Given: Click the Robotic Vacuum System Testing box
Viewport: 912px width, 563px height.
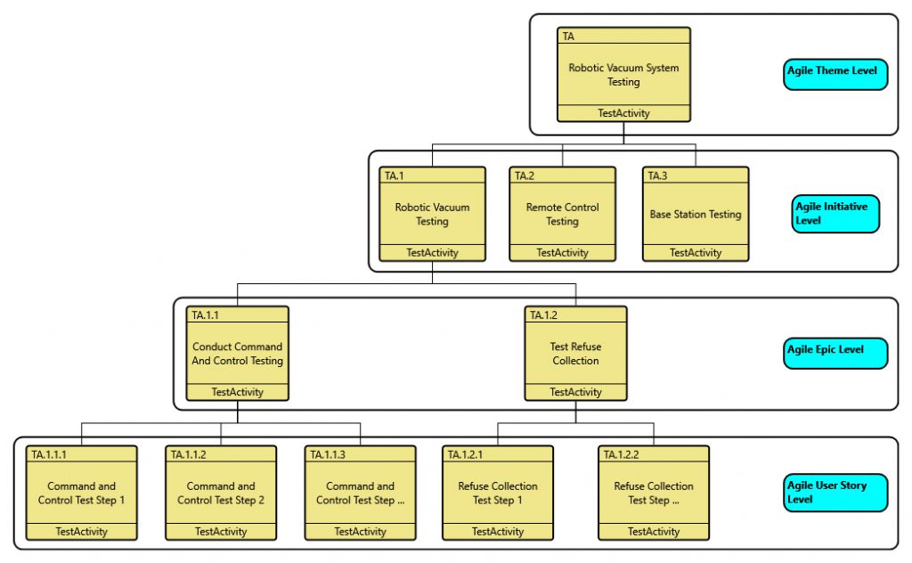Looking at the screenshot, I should (623, 75).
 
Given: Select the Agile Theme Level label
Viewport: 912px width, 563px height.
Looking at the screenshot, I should (835, 71).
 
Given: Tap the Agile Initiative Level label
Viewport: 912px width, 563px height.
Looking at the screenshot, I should (835, 214).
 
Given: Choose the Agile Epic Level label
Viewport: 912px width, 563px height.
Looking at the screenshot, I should (835, 350).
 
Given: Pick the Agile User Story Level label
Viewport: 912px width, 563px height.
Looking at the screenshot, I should (835, 493).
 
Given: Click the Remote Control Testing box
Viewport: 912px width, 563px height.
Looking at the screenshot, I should (562, 214).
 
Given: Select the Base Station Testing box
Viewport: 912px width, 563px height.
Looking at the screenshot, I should (695, 214).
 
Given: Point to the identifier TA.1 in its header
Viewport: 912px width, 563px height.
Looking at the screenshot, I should (395, 175).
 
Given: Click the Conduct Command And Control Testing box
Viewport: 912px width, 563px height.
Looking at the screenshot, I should (237, 354).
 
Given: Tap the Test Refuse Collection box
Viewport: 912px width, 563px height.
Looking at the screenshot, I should (575, 354).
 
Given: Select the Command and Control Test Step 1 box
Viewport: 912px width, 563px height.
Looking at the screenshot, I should (82, 493).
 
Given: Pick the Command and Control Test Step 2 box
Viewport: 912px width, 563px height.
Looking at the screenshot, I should (221, 493).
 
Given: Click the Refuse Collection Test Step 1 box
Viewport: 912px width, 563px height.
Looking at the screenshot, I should (498, 493).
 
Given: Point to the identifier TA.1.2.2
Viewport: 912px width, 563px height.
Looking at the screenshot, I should (622, 455).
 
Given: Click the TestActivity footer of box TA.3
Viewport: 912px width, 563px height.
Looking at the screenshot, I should (695, 253).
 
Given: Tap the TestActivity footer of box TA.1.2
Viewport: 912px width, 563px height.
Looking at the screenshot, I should (575, 392).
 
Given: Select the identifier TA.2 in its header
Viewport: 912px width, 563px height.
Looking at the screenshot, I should (525, 175).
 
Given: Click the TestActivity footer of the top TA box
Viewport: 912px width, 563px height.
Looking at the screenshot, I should (623, 113).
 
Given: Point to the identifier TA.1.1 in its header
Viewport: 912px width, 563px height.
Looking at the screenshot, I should (206, 315).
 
